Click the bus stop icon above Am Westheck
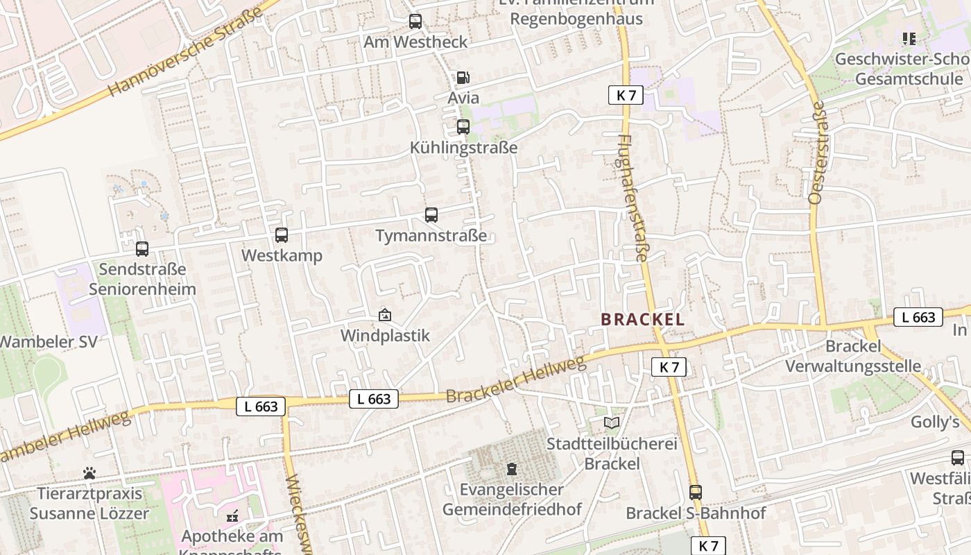pyautogui.click(x=415, y=22)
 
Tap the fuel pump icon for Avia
pyautogui.click(x=463, y=78)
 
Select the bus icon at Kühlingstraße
pyautogui.click(x=463, y=127)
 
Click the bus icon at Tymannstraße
pyautogui.click(x=431, y=215)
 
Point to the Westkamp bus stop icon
pyautogui.click(x=282, y=235)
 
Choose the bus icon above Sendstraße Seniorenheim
pyautogui.click(x=142, y=248)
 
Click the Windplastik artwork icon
pyautogui.click(x=385, y=316)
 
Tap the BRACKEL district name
pyautogui.click(x=642, y=320)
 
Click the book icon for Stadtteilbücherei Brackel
pyautogui.click(x=611, y=422)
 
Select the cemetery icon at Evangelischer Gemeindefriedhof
pyautogui.click(x=512, y=469)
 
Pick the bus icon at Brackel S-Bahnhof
pyautogui.click(x=696, y=493)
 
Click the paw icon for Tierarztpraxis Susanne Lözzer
pyautogui.click(x=89, y=473)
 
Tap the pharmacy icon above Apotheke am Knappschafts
pyautogui.click(x=232, y=516)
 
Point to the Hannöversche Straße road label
pyautogui.click(x=186, y=51)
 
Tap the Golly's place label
pyautogui.click(x=935, y=422)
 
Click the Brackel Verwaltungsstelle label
pyautogui.click(x=863, y=356)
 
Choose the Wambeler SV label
pyautogui.click(x=49, y=342)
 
